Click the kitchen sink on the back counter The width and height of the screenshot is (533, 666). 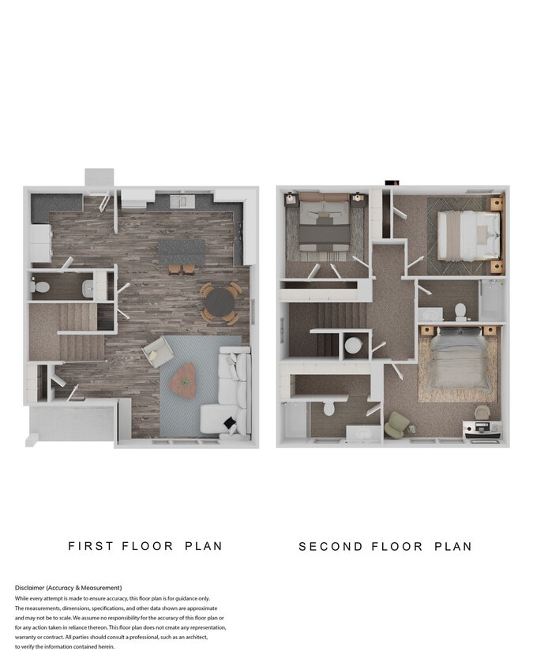pos(182,202)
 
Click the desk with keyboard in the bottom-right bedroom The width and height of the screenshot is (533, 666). pos(481,429)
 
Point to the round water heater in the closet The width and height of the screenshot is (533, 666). pos(353,345)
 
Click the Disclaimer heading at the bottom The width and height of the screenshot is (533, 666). pos(68,588)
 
